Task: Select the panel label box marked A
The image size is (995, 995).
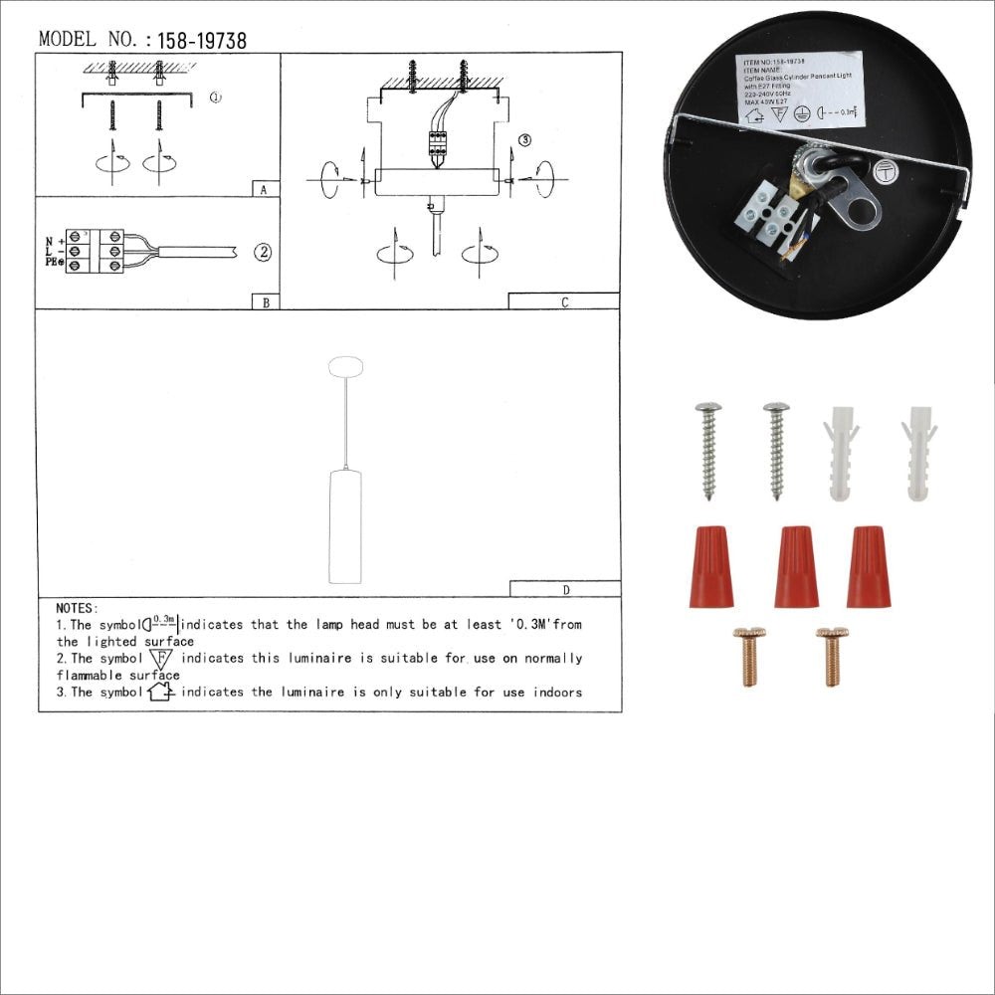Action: coord(264,189)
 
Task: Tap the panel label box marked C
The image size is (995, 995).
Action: coord(564,301)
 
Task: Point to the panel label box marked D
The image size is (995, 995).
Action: coord(565,589)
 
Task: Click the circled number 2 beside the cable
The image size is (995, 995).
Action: coord(262,252)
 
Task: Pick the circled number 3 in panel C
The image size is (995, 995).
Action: coord(525,140)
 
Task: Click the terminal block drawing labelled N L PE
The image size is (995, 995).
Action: coord(96,252)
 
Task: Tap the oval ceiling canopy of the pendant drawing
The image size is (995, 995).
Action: coord(345,365)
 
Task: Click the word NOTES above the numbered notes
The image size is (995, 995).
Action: coord(78,608)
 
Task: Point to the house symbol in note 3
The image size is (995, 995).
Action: coord(160,692)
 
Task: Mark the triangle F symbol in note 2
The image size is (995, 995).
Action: coord(160,659)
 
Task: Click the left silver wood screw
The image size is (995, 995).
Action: coord(709,449)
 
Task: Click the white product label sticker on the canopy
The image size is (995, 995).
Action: coord(799,92)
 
